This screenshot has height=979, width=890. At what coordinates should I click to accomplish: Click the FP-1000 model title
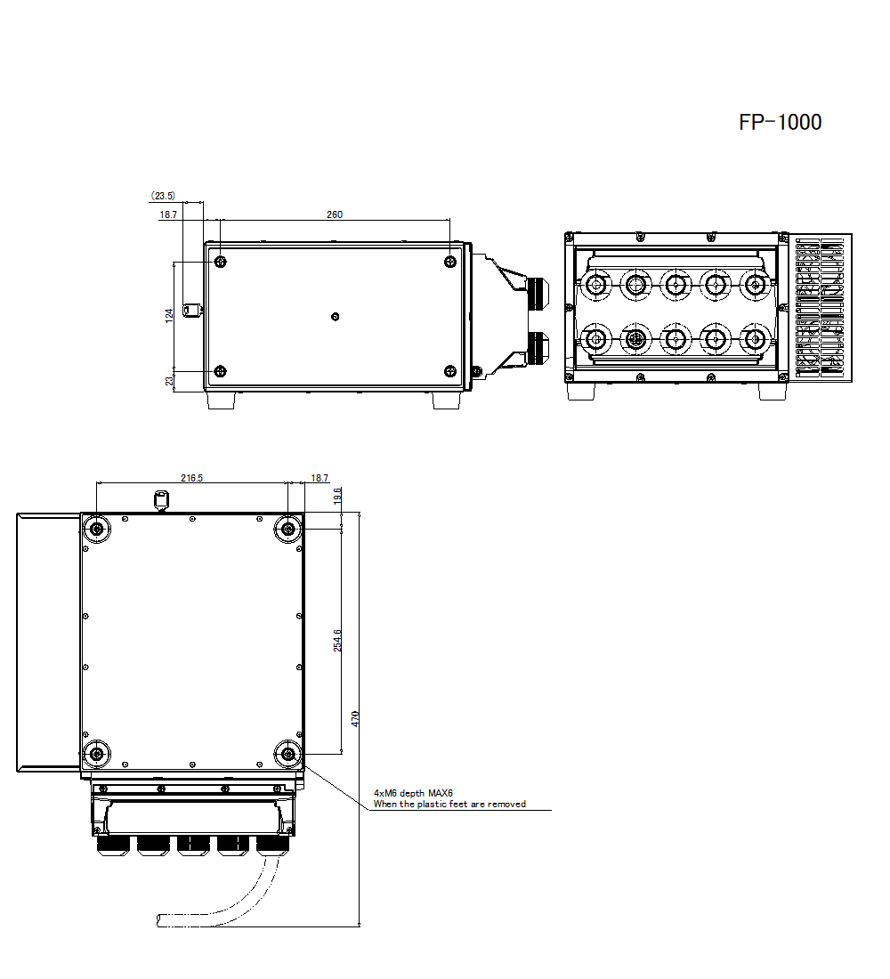(x=780, y=122)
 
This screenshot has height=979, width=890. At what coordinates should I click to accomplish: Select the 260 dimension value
(x=334, y=214)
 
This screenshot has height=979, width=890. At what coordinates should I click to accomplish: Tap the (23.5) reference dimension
(x=163, y=196)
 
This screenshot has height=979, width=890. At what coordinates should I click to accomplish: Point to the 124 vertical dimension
(x=168, y=315)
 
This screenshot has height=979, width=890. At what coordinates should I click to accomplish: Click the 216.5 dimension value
(x=191, y=478)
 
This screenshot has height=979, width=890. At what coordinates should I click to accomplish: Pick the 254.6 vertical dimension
(x=337, y=641)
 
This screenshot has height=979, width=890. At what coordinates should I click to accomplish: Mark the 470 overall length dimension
(x=355, y=718)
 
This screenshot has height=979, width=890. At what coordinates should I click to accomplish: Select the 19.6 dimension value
(x=337, y=497)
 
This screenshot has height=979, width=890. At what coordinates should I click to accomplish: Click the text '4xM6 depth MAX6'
(x=413, y=793)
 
